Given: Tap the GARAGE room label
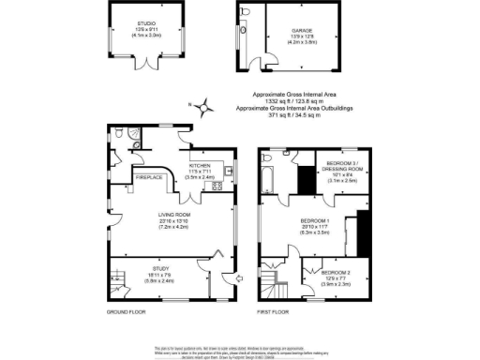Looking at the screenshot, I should point(300,29).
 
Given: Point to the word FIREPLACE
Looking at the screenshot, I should point(149,176).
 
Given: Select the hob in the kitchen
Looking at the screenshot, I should point(217,185).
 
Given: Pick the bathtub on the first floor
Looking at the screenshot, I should point(270,175).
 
